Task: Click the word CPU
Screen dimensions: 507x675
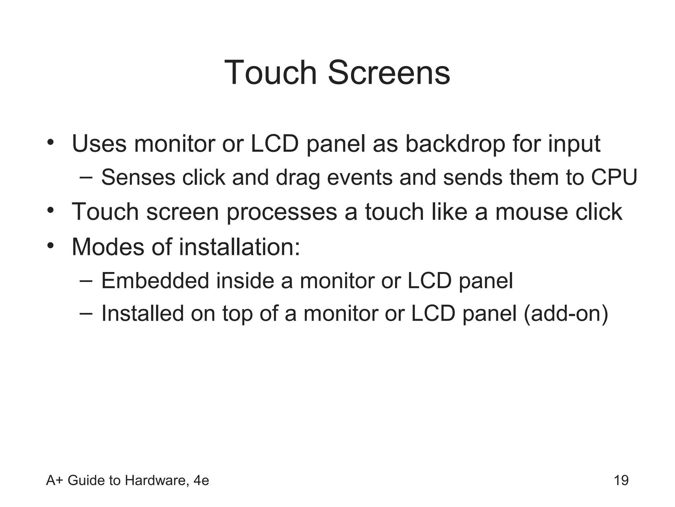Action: (614, 178)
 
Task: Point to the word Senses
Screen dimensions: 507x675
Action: (138, 178)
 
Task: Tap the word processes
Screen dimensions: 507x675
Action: (282, 213)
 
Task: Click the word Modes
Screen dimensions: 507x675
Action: (108, 247)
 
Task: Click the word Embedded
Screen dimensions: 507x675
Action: (155, 281)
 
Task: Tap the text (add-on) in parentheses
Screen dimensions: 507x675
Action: (566, 314)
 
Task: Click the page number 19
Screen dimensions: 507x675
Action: (621, 480)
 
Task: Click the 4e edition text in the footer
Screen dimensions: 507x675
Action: (201, 480)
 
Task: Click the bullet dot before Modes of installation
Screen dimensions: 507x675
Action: (50, 246)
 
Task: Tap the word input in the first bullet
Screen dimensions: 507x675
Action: (574, 145)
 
